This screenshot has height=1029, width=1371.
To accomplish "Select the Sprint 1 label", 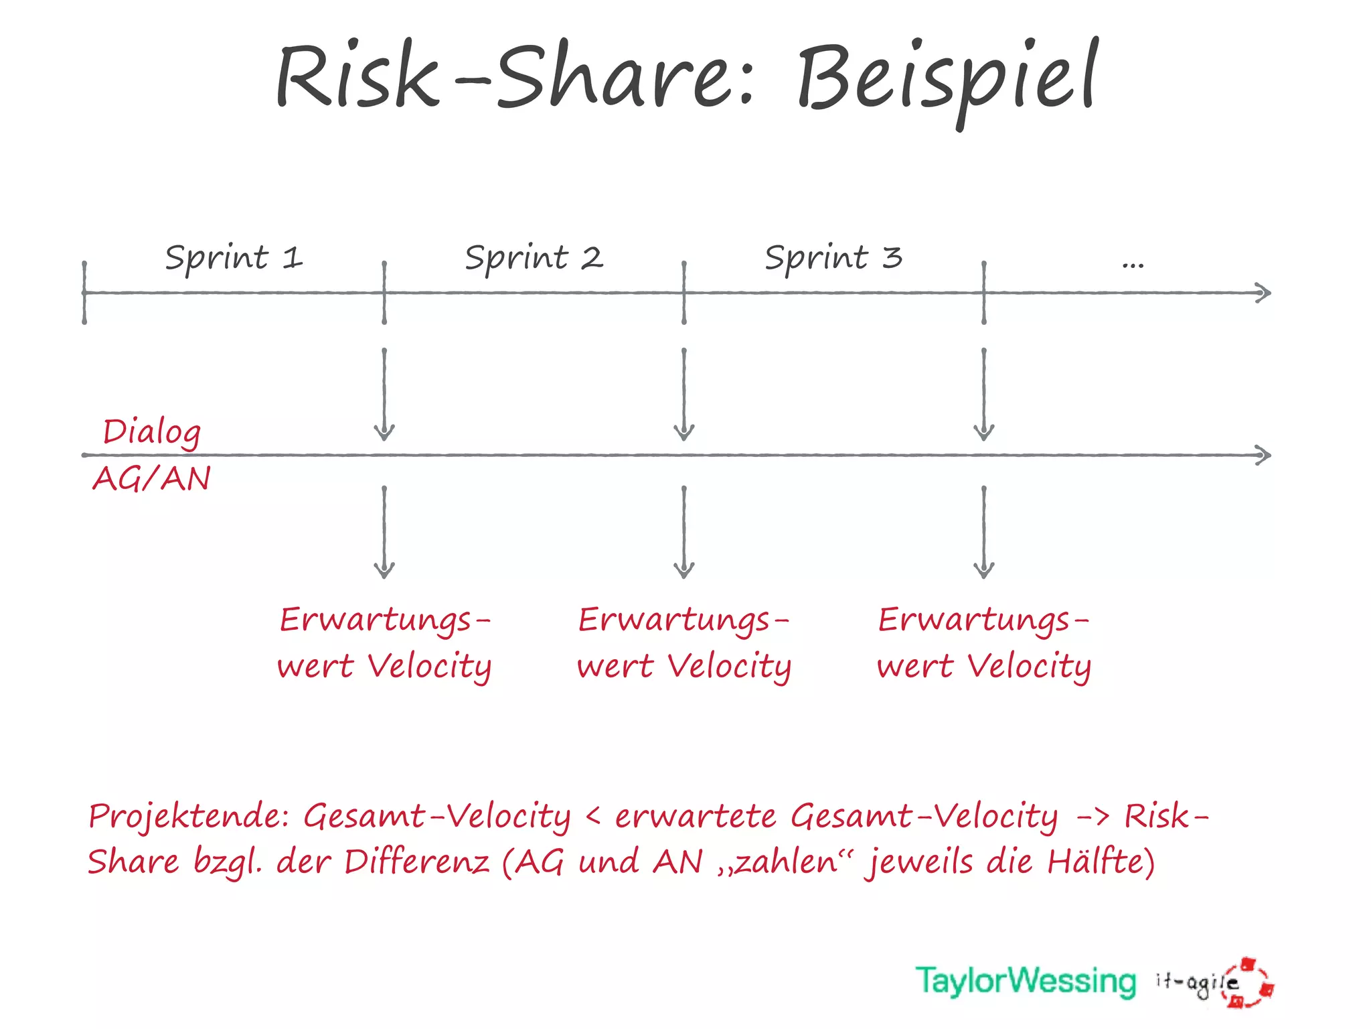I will click(x=234, y=259).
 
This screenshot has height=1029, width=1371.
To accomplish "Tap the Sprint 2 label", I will click(x=534, y=259).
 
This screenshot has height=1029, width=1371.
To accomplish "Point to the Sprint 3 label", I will click(x=833, y=259).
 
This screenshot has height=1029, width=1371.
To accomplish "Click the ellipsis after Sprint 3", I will click(x=1133, y=265).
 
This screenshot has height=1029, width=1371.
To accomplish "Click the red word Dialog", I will click(x=152, y=432).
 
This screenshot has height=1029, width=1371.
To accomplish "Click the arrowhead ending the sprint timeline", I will click(x=1263, y=293).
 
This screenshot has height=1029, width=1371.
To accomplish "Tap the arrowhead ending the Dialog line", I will click(x=1263, y=456).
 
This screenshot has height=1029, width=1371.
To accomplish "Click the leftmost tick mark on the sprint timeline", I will click(x=84, y=293).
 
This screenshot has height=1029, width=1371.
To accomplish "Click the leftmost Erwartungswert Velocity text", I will click(x=384, y=643).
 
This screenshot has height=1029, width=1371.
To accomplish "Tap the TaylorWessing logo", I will click(x=1026, y=981).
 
